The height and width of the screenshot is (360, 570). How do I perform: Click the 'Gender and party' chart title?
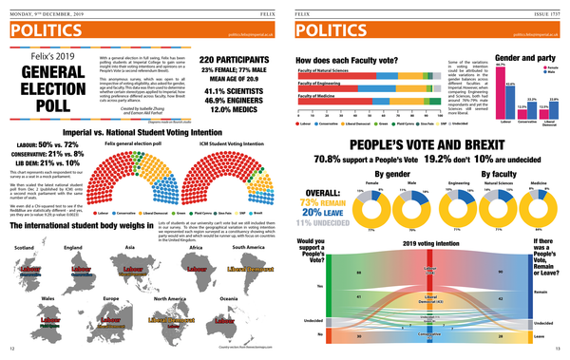click(x=524, y=58)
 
